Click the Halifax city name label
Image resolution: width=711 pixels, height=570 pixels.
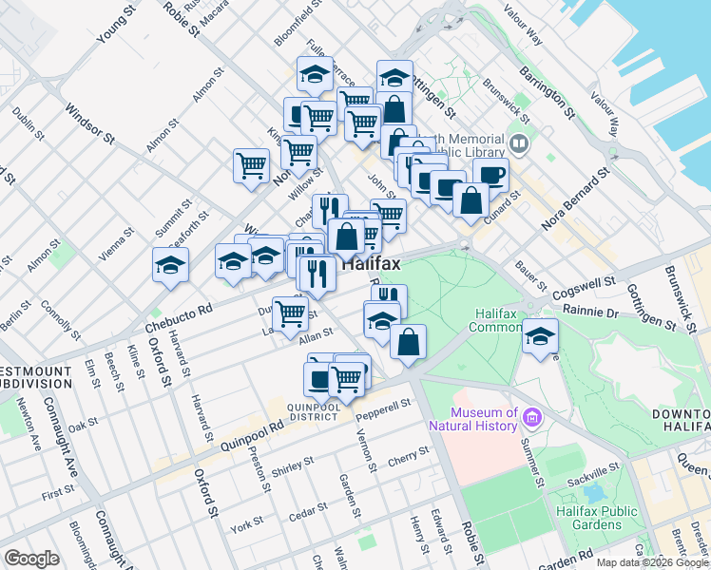pos(371,264)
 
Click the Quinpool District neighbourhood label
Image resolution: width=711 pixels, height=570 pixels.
pos(315,409)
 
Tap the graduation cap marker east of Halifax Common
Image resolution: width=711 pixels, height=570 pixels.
pos(540,336)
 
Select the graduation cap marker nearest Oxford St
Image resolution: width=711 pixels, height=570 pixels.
pos(171,265)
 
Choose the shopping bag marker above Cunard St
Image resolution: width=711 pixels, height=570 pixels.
pos(471,199)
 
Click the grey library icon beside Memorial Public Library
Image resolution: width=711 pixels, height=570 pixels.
pos(518,144)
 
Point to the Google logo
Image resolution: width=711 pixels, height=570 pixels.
pos(32,559)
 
